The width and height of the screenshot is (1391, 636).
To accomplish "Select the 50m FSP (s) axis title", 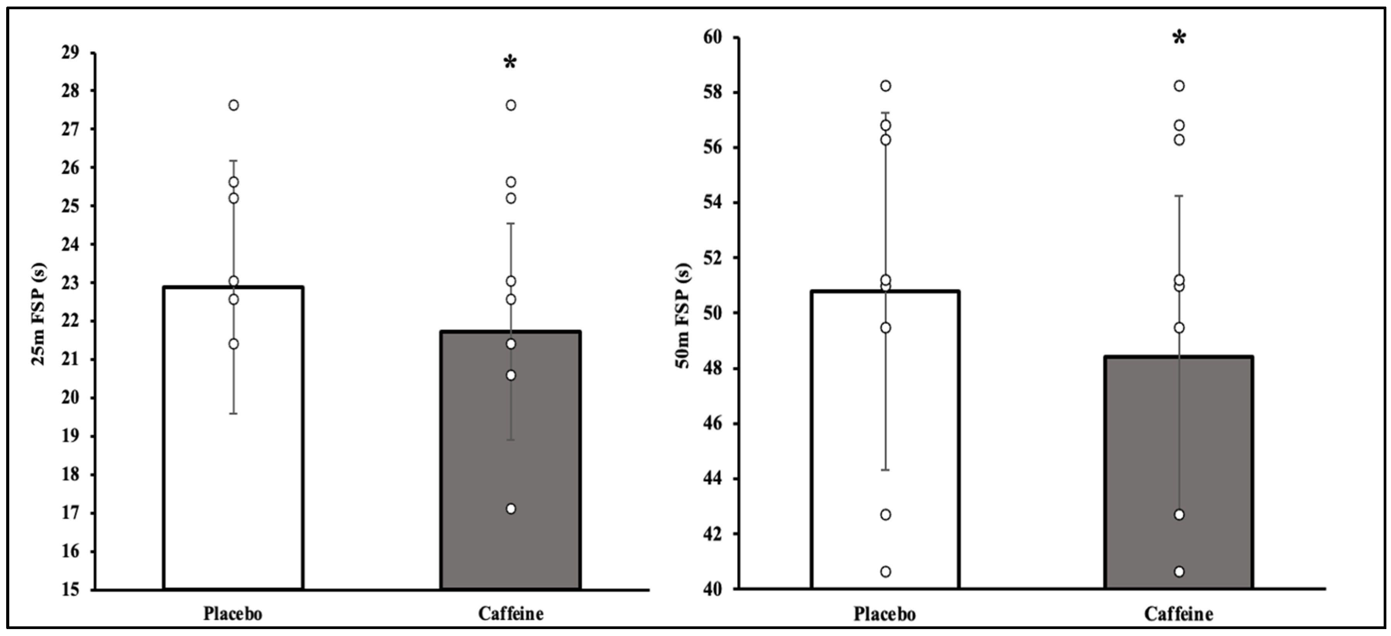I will click(683, 315).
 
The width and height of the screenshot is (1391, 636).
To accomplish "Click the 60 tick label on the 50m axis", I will click(712, 37).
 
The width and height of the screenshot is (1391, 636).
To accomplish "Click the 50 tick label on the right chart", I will click(712, 314).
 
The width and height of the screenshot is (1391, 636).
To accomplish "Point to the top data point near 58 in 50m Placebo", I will click(885, 86).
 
